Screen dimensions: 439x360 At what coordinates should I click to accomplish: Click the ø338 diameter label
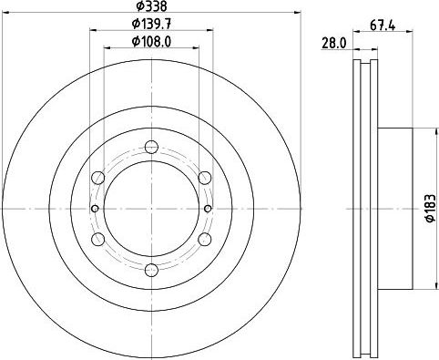(x=151, y=6)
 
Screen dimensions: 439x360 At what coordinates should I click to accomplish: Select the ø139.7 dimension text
(x=151, y=24)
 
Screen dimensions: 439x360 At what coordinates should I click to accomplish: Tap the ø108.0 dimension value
(x=151, y=41)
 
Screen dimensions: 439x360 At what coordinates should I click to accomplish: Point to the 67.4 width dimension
(x=383, y=26)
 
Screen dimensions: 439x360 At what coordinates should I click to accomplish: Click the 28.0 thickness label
(x=333, y=44)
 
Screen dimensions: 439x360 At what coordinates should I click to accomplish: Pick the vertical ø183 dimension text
(x=430, y=208)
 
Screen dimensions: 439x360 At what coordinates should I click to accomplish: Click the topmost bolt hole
(x=151, y=147)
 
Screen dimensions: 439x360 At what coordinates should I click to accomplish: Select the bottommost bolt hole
(x=151, y=270)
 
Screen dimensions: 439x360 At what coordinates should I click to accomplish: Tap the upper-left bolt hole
(x=98, y=178)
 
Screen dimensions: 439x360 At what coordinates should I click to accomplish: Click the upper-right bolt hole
(x=205, y=178)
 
